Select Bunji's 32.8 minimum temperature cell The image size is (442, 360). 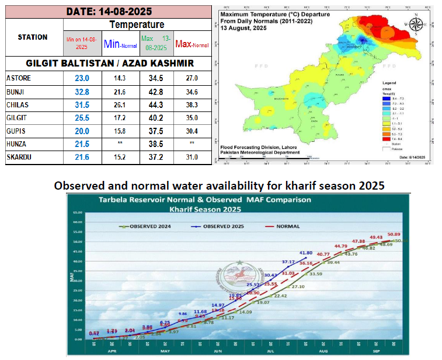[x=81, y=92]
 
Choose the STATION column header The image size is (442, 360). [x=33, y=37]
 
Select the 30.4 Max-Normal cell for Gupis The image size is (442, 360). [x=192, y=131]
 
